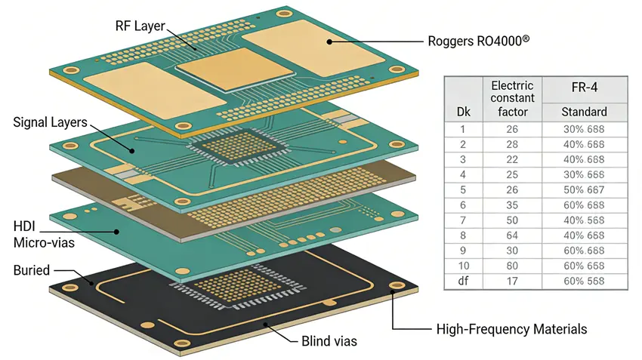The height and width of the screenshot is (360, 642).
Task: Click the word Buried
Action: (x=32, y=269)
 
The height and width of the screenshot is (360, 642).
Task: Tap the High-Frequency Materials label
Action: (x=511, y=330)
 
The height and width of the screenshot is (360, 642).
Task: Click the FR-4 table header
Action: (x=584, y=88)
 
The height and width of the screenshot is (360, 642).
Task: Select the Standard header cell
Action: (x=584, y=112)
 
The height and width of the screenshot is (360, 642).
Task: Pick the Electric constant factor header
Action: (x=512, y=98)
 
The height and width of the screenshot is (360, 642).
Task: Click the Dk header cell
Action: (x=464, y=112)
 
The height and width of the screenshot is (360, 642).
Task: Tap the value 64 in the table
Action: (x=512, y=235)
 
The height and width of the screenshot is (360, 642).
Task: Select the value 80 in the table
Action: (x=512, y=266)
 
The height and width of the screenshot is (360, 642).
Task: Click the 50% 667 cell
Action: (x=584, y=189)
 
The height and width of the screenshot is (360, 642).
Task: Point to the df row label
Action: (x=464, y=282)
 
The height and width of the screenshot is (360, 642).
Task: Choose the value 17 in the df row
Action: (x=512, y=282)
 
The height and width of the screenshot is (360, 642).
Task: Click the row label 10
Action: (x=464, y=266)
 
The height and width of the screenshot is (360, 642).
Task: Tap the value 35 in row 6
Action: (x=512, y=204)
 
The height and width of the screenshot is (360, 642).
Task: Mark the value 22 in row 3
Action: (x=512, y=158)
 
